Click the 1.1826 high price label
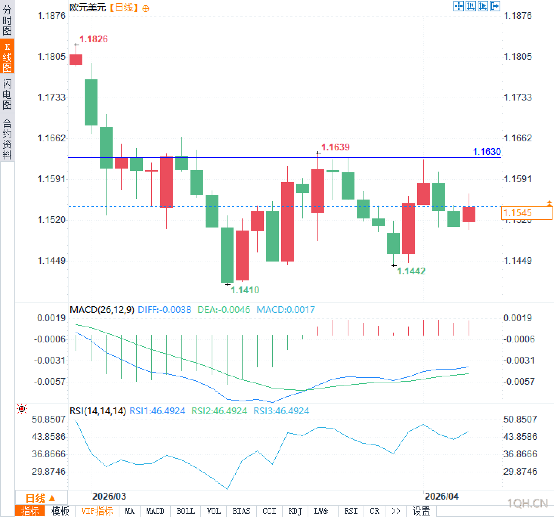93,39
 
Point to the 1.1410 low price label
245,290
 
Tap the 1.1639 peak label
335,147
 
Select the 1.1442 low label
411,271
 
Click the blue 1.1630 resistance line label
487,152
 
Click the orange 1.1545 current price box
527,213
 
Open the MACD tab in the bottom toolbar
155,511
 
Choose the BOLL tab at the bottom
186,511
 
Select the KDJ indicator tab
295,511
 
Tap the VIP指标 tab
97,511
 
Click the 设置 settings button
421,511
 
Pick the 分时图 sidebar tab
7,20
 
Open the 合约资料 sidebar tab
7,139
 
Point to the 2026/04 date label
441,496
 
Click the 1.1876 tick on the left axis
51,15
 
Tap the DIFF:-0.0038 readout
164,310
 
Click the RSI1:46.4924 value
157,411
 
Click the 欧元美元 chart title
88,8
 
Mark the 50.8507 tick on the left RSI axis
49,419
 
